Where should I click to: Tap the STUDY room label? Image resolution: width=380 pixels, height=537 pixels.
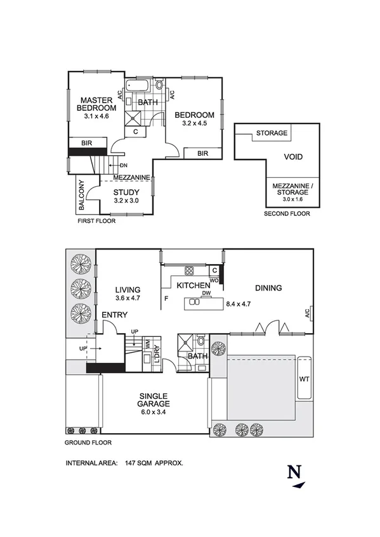pos(126,193)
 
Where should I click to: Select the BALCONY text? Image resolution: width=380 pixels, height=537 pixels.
pos(82,196)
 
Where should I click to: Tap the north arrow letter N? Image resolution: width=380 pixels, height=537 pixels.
pos(294,472)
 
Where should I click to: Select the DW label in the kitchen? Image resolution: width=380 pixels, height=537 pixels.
pos(206,293)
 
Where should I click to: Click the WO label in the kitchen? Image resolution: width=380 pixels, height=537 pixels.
pos(214,279)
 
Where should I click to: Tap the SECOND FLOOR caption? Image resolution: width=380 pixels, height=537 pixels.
pos(287,214)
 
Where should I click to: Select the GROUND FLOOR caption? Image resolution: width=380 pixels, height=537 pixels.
pos(89,443)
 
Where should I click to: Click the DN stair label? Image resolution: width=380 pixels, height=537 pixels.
pos(123,165)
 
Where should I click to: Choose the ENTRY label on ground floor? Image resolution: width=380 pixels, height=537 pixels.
pos(115,315)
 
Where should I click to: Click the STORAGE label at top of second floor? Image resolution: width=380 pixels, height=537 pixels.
pos(272,134)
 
